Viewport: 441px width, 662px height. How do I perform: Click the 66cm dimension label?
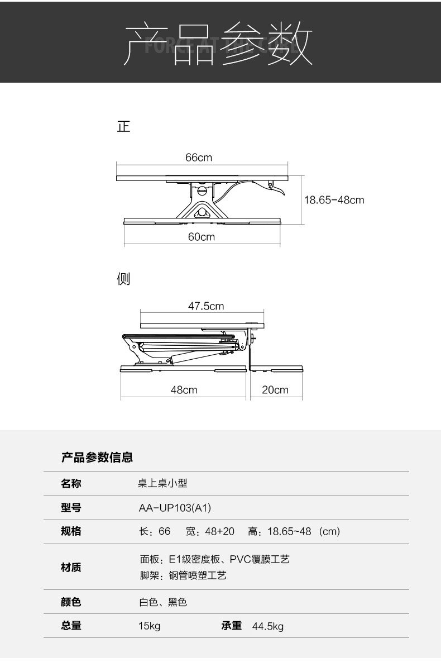click(199, 158)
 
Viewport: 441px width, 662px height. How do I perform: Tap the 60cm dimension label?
click(201, 237)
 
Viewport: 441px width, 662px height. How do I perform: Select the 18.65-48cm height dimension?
click(334, 199)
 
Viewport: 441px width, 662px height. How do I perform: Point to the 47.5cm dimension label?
click(205, 306)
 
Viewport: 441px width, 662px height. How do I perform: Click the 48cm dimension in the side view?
click(184, 390)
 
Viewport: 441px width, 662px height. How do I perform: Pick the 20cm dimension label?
click(275, 390)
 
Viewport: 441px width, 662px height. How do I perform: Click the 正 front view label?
click(123, 127)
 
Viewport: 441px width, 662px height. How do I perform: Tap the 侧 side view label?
click(123, 278)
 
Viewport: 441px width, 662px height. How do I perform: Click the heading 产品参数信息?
click(97, 458)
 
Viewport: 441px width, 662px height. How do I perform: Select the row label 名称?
click(71, 484)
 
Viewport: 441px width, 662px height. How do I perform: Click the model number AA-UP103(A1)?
click(175, 508)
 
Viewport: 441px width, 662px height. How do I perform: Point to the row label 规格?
click(71, 531)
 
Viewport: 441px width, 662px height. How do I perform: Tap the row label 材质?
click(71, 567)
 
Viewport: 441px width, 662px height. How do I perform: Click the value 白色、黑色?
click(162, 602)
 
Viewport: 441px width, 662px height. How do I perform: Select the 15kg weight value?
click(149, 626)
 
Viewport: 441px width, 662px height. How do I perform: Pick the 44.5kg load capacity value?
click(268, 626)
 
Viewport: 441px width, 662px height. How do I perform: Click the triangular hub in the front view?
click(202, 212)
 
